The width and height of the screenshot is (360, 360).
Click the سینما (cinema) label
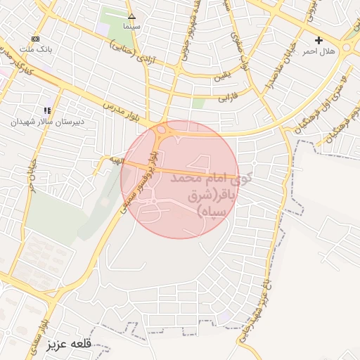tap(131, 26)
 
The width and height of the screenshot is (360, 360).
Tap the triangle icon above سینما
tap(131, 15)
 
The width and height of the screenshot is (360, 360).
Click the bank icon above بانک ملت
tap(35, 39)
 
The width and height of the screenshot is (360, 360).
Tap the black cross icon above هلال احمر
tap(319, 40)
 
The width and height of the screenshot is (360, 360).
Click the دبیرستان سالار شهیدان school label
tap(47, 122)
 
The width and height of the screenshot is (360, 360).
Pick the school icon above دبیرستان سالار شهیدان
tap(47, 110)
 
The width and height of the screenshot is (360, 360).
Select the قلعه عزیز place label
tap(71, 345)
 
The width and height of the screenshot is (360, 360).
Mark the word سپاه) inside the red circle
tap(212, 211)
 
